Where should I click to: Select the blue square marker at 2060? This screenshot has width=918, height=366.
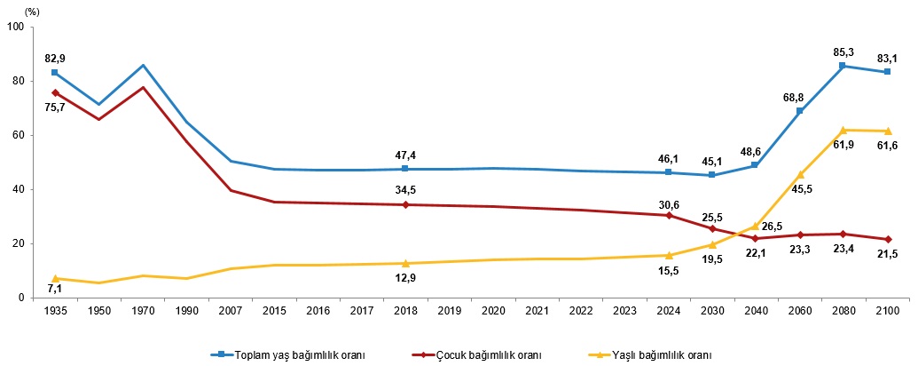[x=800, y=111]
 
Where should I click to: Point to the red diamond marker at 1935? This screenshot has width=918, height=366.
[x=55, y=92]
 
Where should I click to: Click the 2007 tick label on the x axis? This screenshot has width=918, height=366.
[x=230, y=310]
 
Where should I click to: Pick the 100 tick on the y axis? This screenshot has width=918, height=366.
[x=15, y=27]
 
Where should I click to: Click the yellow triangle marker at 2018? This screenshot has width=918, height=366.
[x=405, y=263]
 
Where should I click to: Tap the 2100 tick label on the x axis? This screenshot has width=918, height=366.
[x=887, y=310]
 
